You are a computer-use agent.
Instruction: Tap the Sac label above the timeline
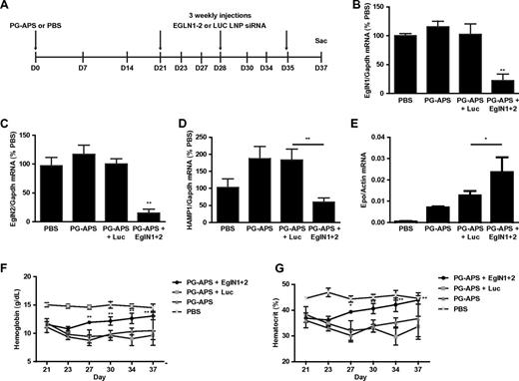click(289, 42)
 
